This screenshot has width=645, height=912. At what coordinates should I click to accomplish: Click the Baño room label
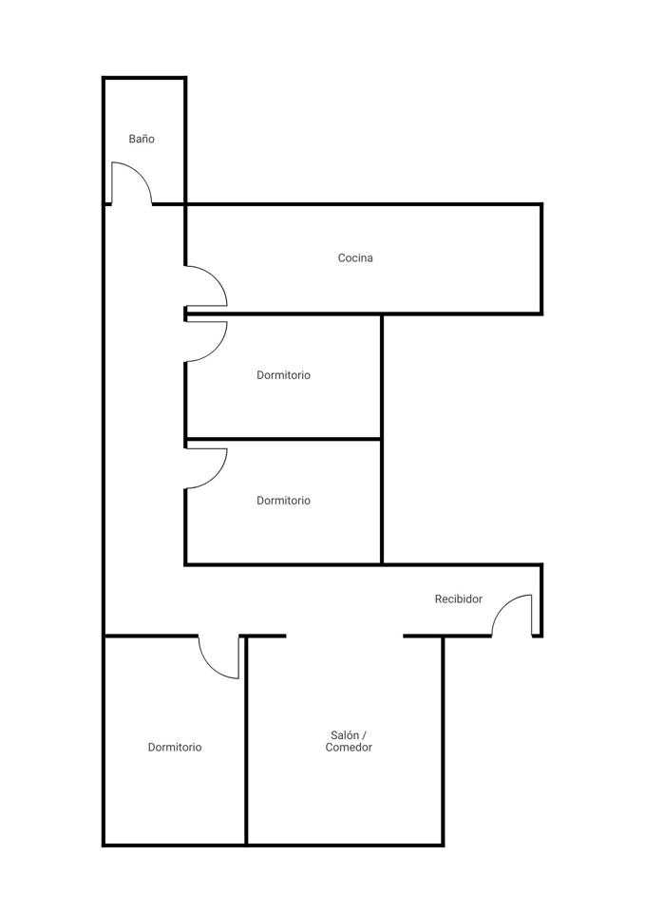(142, 139)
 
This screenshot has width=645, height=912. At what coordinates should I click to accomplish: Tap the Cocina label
(355, 257)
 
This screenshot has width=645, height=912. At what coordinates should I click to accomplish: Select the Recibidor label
(458, 598)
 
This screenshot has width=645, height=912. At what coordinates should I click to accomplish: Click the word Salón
(344, 735)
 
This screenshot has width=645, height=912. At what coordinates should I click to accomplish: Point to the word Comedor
(349, 748)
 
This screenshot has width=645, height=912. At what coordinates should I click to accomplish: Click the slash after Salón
(364, 735)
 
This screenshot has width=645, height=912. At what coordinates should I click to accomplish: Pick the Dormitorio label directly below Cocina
(283, 375)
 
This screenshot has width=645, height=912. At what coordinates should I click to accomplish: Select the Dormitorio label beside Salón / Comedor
(175, 748)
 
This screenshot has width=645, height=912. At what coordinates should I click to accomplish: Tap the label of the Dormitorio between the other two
(283, 501)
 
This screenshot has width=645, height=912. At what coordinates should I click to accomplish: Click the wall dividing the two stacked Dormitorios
(283, 439)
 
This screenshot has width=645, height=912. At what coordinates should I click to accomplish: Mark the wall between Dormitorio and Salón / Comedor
(246, 740)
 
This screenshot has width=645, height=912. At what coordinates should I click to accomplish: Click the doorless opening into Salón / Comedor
(344, 636)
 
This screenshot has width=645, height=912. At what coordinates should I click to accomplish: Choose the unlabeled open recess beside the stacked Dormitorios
(462, 439)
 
